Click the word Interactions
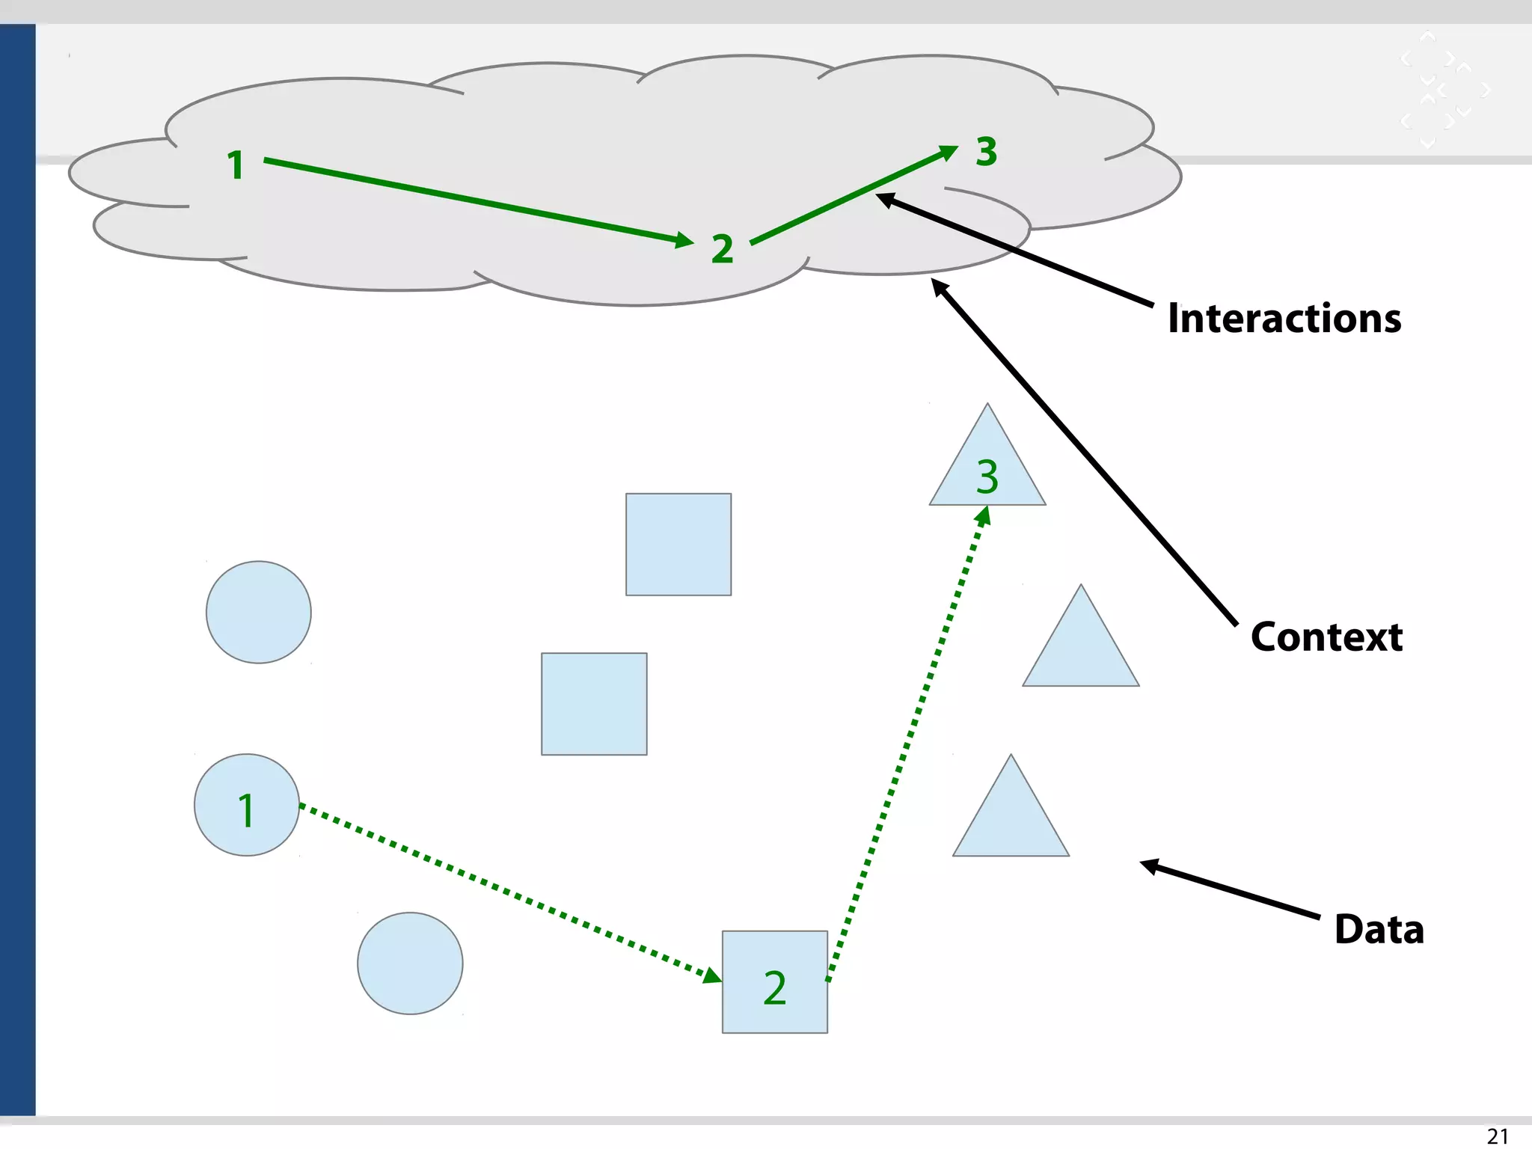click(x=1284, y=319)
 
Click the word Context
click(x=1326, y=637)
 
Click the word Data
click(x=1379, y=930)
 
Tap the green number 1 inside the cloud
click(x=236, y=165)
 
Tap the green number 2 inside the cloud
click(x=722, y=249)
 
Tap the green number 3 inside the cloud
click(x=986, y=152)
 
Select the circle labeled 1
click(x=247, y=805)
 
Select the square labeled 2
click(x=774, y=982)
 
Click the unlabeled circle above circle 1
click(x=259, y=612)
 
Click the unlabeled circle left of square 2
click(x=410, y=963)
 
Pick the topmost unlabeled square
click(x=678, y=545)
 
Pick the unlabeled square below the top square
click(x=594, y=704)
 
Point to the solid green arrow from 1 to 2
click(x=479, y=200)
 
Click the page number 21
click(x=1497, y=1136)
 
